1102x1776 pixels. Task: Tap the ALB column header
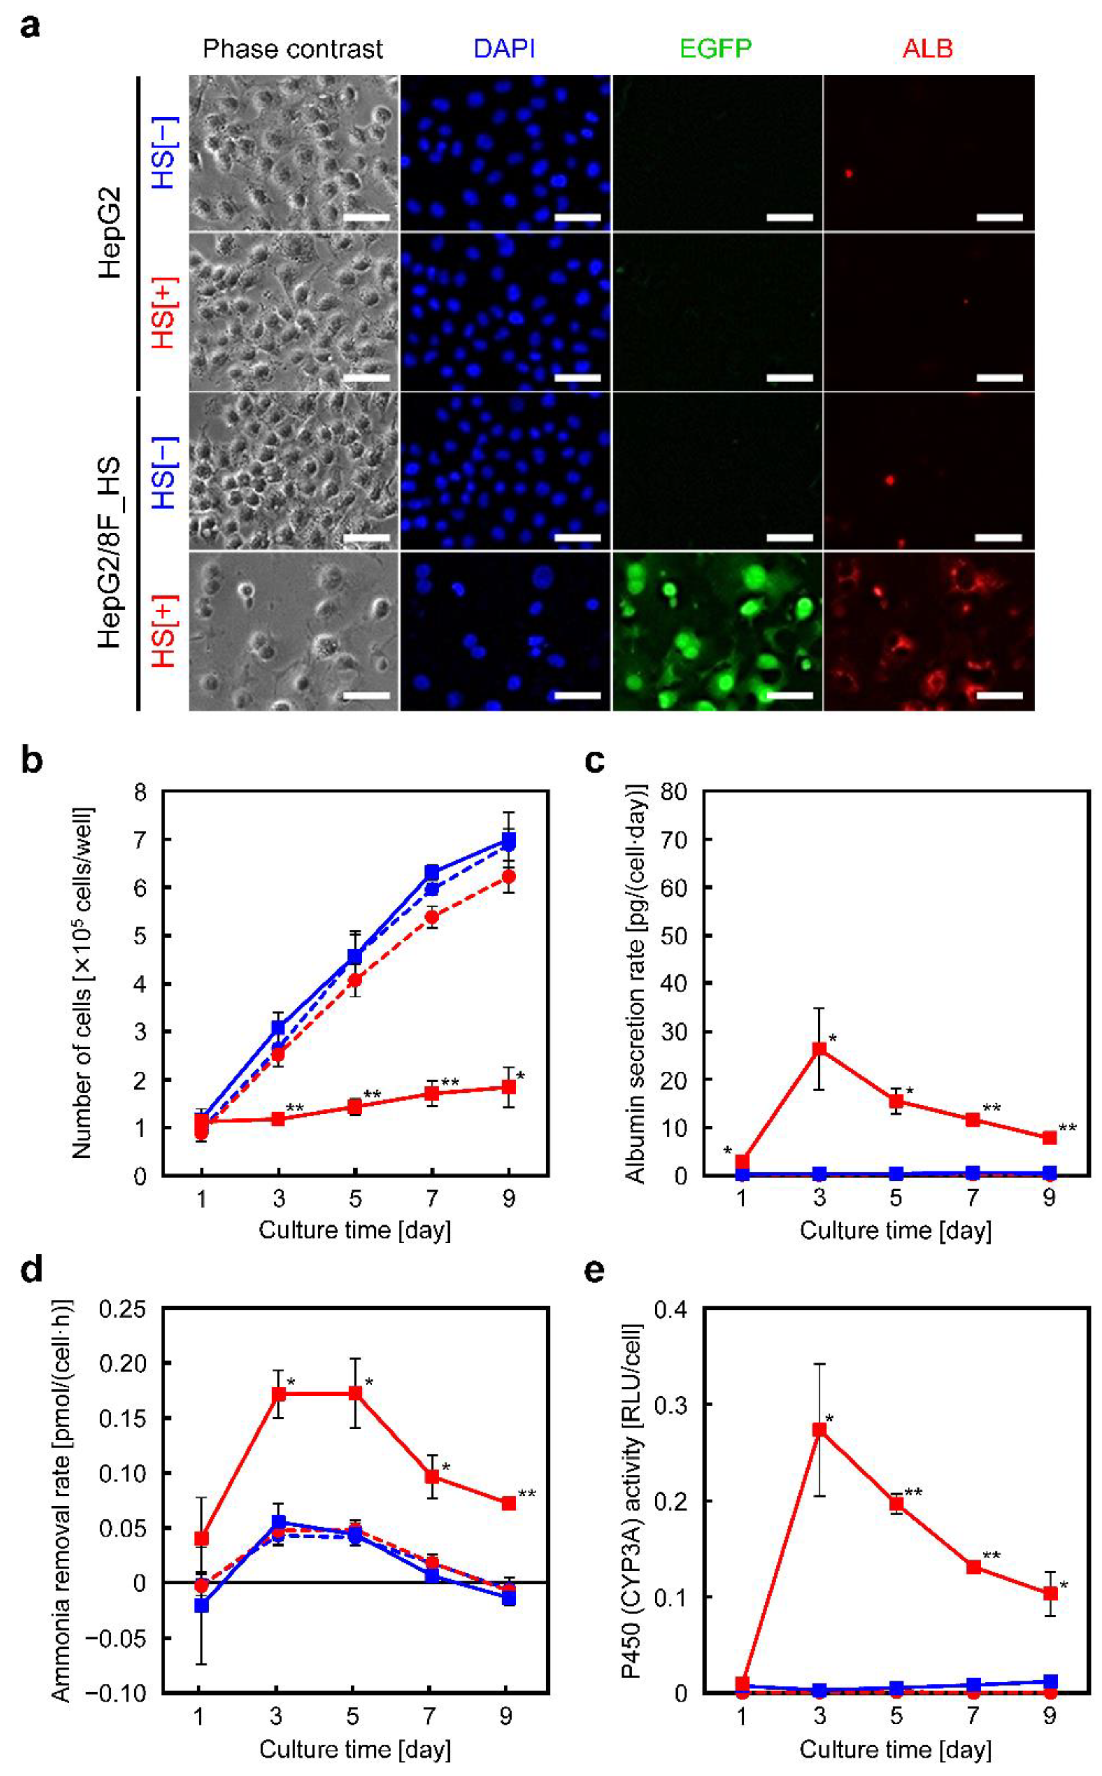coord(927,49)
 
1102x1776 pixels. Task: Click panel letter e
coord(596,1270)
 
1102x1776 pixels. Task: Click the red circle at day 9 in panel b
coord(509,876)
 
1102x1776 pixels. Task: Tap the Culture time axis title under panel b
coord(355,1230)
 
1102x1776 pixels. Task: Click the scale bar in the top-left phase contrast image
coord(367,217)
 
